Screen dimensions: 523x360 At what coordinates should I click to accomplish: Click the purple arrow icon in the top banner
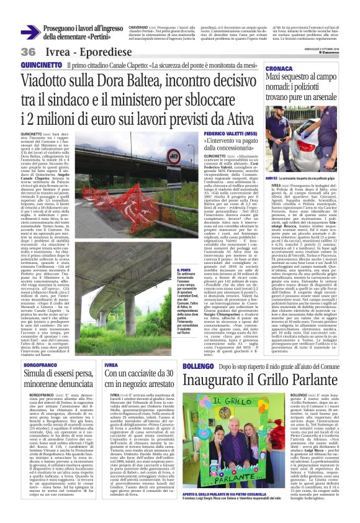click(30, 32)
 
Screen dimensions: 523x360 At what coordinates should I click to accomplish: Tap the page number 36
click(29, 52)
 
